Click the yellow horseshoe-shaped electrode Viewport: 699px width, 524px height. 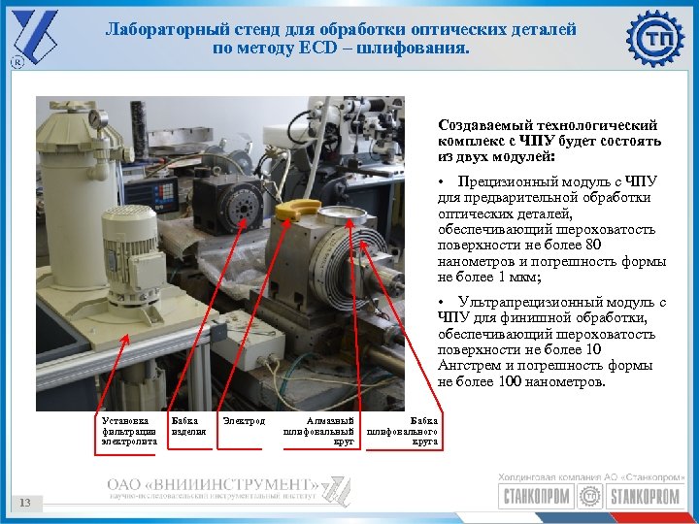pos(297,208)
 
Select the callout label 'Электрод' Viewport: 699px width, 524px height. pos(244,421)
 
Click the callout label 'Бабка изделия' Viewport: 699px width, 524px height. pos(188,426)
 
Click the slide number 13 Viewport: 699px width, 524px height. pos(26,502)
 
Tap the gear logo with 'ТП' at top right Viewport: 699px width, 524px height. pos(655,40)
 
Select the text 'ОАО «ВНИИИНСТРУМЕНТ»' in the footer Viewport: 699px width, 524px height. pos(213,484)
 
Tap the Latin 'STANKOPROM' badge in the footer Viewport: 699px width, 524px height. pos(646,497)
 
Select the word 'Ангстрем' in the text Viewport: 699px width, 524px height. pos(468,366)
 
